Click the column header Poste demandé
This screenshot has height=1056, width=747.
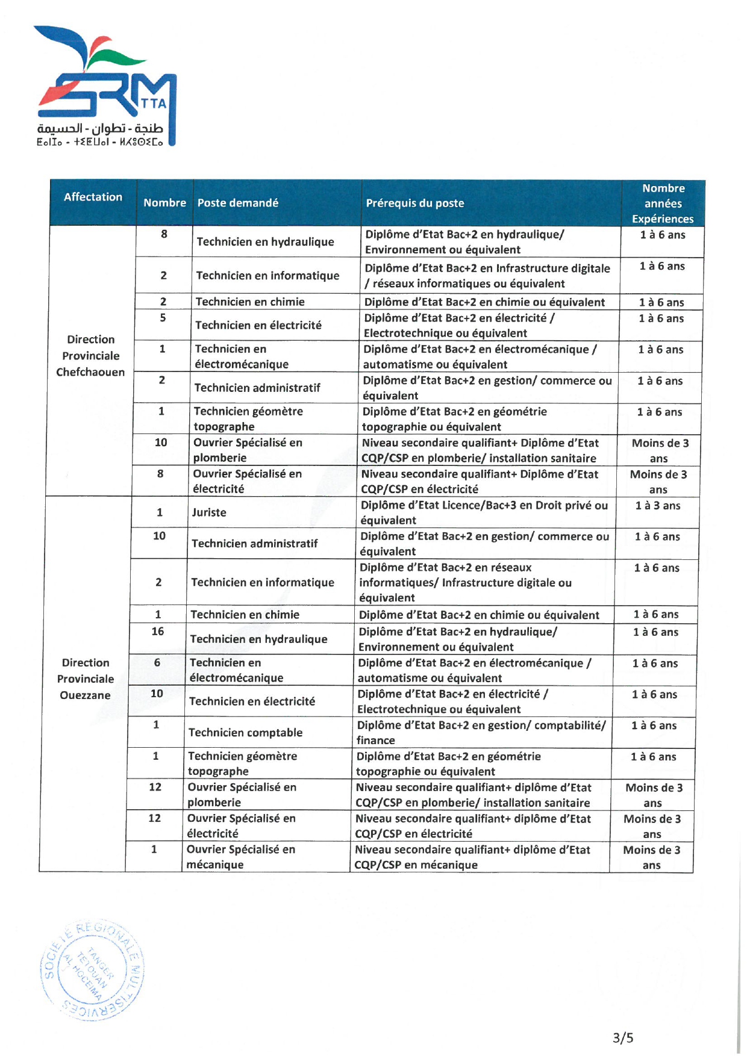click(x=237, y=203)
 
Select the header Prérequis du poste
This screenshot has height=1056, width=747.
click(x=414, y=203)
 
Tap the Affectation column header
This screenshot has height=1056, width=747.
click(x=93, y=197)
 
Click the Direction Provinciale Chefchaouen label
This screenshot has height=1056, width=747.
click(x=90, y=355)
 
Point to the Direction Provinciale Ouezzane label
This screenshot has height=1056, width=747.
click(x=85, y=679)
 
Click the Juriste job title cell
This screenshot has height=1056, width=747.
click(x=209, y=512)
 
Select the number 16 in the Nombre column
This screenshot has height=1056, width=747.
click(x=157, y=631)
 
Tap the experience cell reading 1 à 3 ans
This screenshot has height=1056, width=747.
click(x=657, y=506)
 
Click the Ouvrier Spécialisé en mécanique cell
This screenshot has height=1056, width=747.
click(x=240, y=857)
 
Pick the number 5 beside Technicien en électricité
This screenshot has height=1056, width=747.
click(x=163, y=317)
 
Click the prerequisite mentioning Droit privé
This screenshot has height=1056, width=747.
click(x=483, y=512)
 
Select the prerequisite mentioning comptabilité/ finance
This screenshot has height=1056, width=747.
click(x=480, y=732)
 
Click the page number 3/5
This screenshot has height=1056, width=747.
click(x=623, y=1037)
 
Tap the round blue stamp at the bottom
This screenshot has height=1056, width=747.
click(x=92, y=970)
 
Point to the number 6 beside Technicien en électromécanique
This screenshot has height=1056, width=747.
click(x=157, y=662)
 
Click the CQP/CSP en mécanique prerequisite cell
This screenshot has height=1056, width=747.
click(x=472, y=857)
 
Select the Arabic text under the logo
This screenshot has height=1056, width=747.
click(x=100, y=129)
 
